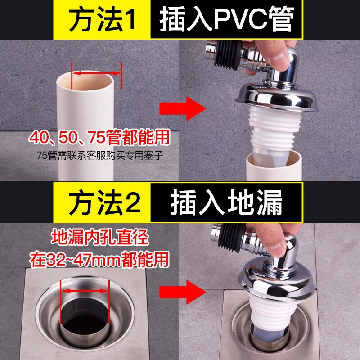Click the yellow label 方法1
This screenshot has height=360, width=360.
[102, 20]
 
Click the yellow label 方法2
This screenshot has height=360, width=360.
[105, 203]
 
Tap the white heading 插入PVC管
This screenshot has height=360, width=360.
[227, 19]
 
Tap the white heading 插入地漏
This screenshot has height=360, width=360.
[226, 202]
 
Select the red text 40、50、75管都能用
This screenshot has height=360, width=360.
[99, 138]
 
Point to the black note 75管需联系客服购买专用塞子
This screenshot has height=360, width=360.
[100, 155]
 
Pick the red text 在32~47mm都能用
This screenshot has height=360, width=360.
[99, 260]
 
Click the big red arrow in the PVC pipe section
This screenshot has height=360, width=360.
[183, 108]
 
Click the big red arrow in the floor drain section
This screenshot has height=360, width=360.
[183, 292]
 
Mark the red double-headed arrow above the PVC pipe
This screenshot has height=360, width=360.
[96, 73]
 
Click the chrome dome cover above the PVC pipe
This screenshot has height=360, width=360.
[277, 96]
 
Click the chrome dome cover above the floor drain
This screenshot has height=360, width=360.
[276, 283]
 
